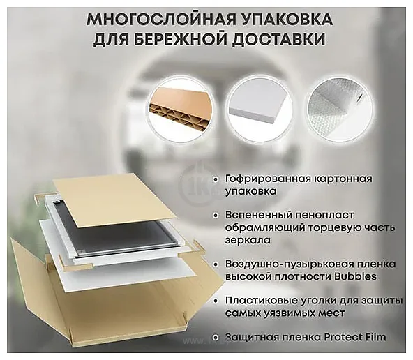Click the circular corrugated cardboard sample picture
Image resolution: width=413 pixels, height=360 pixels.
(x=181, y=109)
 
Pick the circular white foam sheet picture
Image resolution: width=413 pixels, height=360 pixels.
(x=260, y=109)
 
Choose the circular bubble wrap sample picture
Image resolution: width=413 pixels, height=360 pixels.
(x=340, y=109)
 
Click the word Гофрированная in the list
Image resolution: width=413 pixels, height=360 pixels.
(x=268, y=179)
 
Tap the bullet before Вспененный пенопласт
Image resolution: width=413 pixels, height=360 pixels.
(x=216, y=216)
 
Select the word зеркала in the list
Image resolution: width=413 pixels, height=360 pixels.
(x=248, y=240)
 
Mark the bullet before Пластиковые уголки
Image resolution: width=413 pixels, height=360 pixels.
(x=216, y=301)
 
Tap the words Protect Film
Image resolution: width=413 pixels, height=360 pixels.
(x=355, y=338)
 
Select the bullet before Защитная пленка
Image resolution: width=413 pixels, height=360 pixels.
(x=216, y=338)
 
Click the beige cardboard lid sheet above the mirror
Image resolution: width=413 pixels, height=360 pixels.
(x=114, y=198)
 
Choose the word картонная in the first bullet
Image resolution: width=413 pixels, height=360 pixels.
(x=343, y=179)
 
